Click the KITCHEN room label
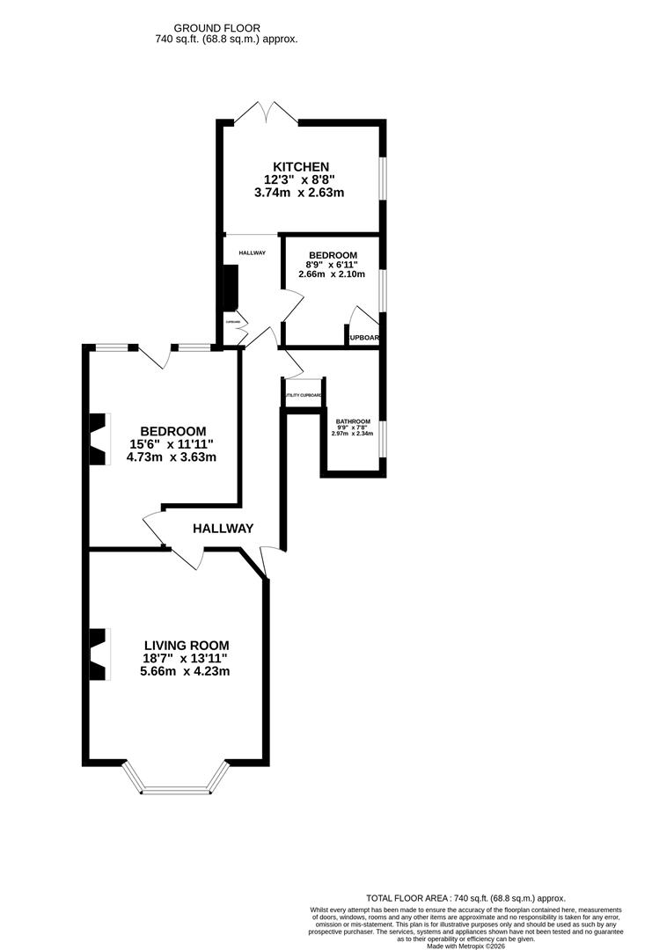pyautogui.click(x=301, y=167)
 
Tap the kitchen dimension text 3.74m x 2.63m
pyautogui.click(x=300, y=193)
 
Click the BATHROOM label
pyautogui.click(x=352, y=421)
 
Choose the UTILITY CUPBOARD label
pyautogui.click(x=303, y=396)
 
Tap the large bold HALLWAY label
pyautogui.click(x=223, y=529)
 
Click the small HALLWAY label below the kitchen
pyautogui.click(x=252, y=253)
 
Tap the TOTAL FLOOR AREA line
pyautogui.click(x=466, y=898)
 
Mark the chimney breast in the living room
pyautogui.click(x=99, y=653)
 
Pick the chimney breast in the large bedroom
pyautogui.click(x=99, y=438)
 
